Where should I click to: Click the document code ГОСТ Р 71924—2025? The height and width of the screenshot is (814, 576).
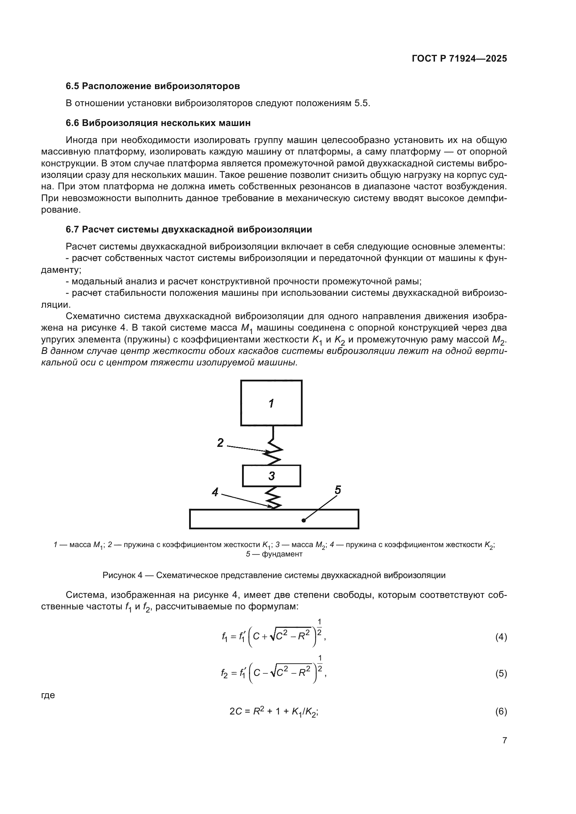(459, 58)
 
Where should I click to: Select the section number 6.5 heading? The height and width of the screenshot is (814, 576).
(73, 86)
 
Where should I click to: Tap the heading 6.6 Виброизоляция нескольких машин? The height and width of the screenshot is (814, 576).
(158, 123)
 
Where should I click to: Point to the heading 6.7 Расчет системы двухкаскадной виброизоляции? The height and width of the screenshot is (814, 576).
(189, 229)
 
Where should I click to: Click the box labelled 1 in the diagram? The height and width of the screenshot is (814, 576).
(271, 403)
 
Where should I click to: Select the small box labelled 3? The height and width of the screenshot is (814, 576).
(272, 476)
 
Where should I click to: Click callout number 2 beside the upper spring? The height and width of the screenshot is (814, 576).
(220, 443)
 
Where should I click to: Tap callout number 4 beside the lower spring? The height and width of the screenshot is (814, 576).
(215, 492)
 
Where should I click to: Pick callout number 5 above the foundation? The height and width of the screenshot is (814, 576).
(338, 490)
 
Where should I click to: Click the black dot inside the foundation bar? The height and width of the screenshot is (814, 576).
(304, 520)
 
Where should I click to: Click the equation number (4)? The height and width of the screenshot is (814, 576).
(501, 637)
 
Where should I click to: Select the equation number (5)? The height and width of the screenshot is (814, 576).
(501, 673)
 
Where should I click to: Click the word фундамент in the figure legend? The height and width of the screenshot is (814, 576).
(282, 554)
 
